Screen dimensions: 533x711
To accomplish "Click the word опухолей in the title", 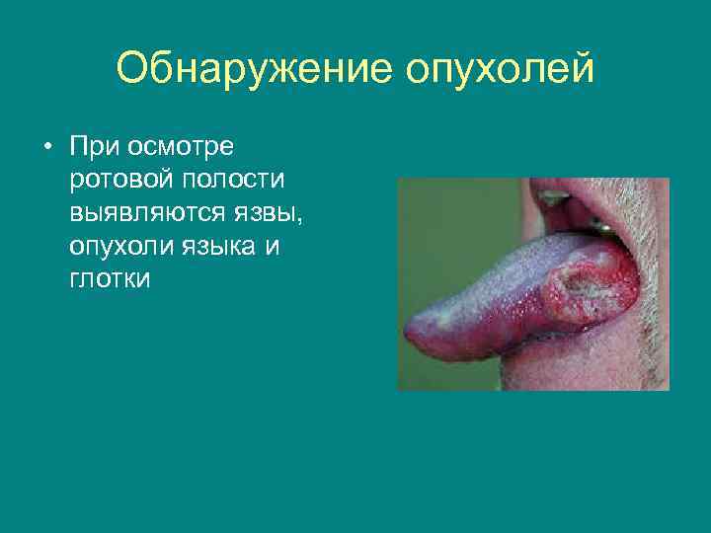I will [x=500, y=69].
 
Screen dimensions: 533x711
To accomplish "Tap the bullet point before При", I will [x=46, y=147].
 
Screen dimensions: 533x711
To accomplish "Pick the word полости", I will [x=233, y=181].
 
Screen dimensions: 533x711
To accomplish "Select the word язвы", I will [x=269, y=213].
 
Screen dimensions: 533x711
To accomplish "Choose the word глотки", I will [x=111, y=279].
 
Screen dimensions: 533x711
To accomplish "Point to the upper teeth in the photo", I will [x=553, y=197].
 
